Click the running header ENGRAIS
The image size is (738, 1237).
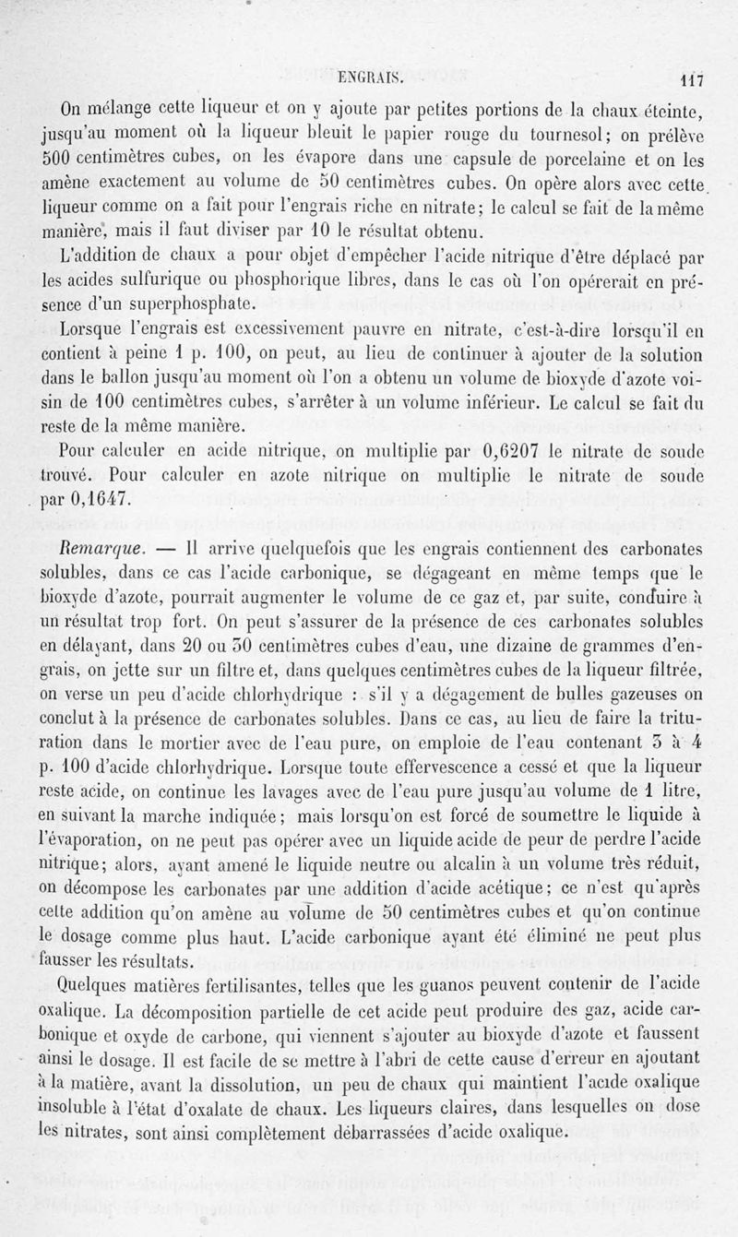click(x=369, y=78)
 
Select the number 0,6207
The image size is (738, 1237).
click(x=517, y=451)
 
